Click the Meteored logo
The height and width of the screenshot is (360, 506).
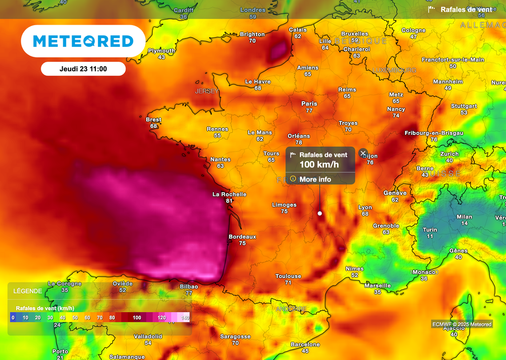[83, 41]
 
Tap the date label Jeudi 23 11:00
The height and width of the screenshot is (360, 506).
[83, 69]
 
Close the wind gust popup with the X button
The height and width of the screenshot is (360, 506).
[363, 153]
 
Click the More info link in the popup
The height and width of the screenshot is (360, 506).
[315, 179]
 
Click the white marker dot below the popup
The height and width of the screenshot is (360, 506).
[320, 213]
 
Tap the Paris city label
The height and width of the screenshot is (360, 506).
[309, 104]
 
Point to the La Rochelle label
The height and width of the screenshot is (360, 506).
[229, 195]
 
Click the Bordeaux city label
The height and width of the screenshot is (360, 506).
[242, 237]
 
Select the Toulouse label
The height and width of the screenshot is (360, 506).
[288, 277]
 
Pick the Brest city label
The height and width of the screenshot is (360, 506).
[154, 120]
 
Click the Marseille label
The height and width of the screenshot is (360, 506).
[378, 286]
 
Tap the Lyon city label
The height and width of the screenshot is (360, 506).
[365, 208]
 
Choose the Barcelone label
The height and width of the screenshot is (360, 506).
[305, 345]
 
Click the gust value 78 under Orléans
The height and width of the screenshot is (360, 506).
[298, 142]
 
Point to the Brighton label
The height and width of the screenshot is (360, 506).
[252, 35]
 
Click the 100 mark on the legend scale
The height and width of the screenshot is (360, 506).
[137, 318]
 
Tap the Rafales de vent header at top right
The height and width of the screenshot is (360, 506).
[466, 9]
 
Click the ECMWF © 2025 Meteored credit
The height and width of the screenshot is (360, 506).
[462, 324]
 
